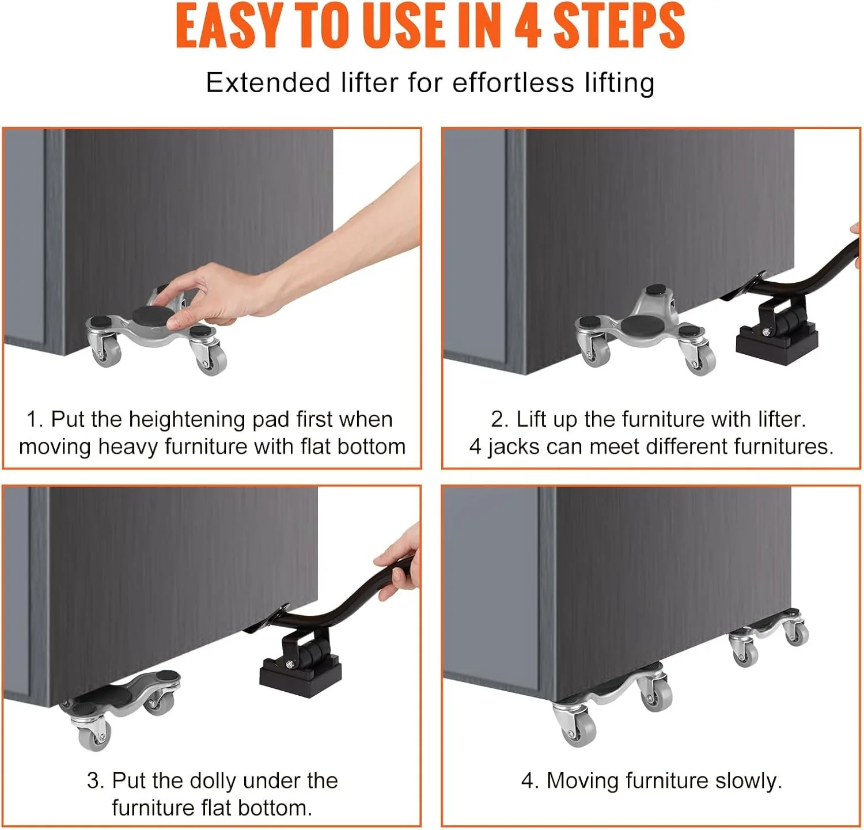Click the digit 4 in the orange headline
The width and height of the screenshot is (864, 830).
click(528, 25)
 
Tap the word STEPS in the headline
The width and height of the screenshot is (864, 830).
click(619, 25)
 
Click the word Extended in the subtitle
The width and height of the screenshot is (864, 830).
click(268, 82)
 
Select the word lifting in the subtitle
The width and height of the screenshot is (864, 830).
click(620, 84)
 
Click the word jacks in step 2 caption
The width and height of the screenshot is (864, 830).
click(513, 447)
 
